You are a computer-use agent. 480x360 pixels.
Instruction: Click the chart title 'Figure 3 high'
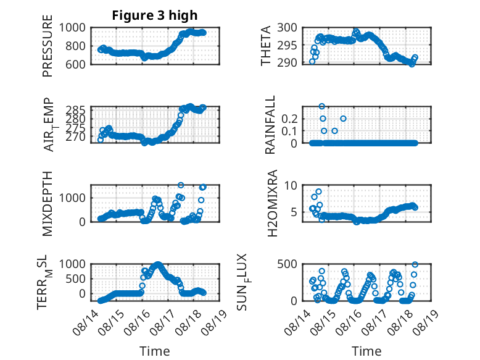155,15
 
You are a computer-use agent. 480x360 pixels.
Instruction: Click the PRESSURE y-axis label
48,46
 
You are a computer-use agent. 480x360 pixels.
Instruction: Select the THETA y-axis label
266,46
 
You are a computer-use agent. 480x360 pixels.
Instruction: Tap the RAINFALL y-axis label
270,125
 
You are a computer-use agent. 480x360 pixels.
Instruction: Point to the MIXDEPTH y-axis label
48,203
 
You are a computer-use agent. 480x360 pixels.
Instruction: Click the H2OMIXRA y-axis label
272,203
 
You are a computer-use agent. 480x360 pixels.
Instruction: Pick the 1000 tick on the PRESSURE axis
72,28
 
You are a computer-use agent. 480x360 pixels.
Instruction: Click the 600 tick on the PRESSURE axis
75,64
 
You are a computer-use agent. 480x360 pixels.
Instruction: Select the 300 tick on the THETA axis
287,28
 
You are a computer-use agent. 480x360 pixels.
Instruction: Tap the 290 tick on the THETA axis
287,62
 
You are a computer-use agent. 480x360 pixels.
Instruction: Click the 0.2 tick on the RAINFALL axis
289,119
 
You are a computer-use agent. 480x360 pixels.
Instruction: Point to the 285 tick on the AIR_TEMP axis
76,110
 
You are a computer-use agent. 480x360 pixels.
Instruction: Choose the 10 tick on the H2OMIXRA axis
291,185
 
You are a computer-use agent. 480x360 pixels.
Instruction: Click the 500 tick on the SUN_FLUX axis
287,264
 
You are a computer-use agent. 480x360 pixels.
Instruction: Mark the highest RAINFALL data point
321,106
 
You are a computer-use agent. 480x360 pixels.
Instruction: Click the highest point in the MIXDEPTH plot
181,185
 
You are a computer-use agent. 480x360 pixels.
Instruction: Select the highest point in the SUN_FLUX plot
415,264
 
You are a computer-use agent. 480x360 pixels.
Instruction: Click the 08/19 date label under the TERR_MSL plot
217,321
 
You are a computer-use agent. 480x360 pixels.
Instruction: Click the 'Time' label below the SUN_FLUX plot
366,351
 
